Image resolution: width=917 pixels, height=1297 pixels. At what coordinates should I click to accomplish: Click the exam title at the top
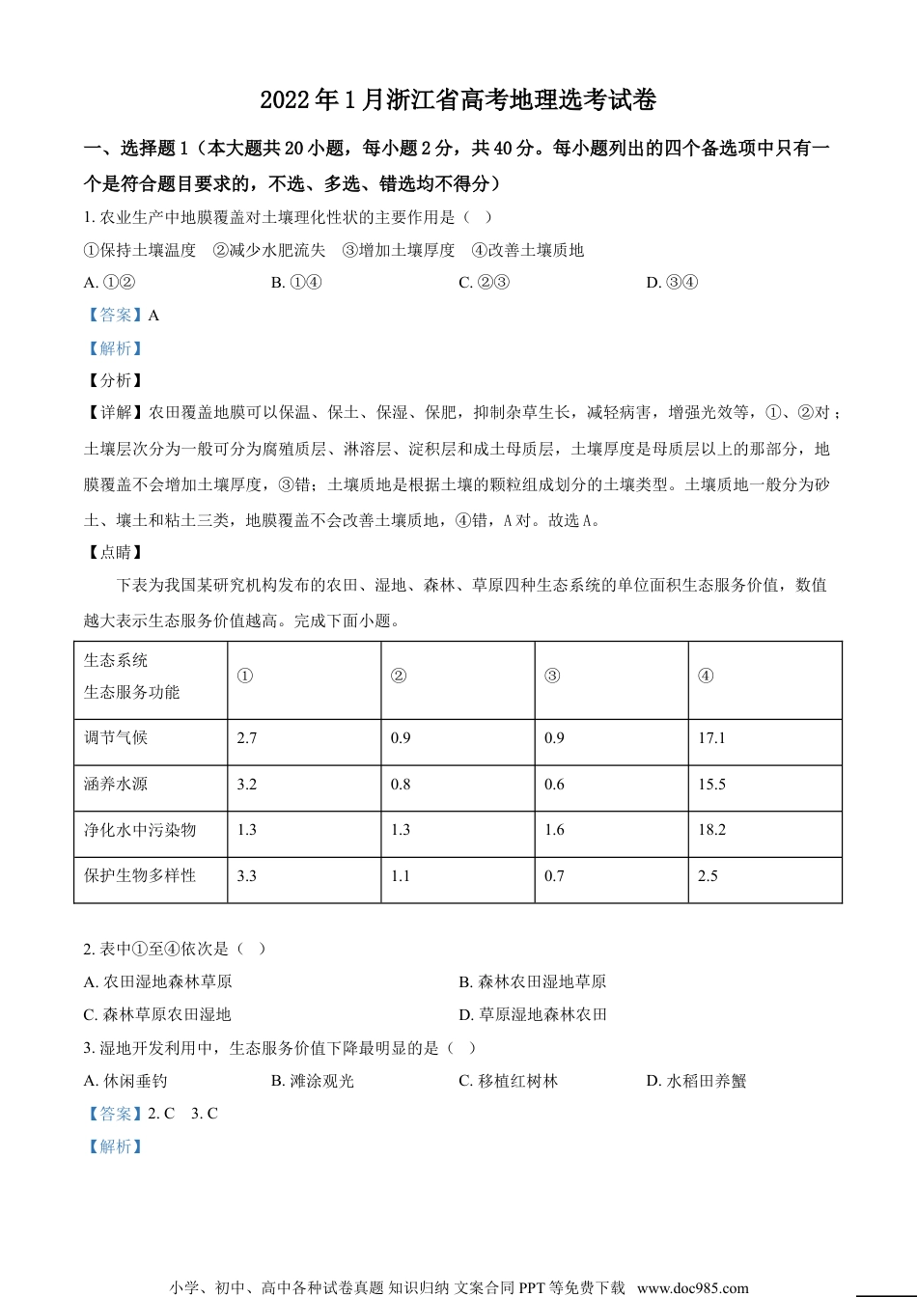pyautogui.click(x=458, y=100)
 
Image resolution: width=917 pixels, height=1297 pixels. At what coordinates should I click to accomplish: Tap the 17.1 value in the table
pyautogui.click(x=711, y=738)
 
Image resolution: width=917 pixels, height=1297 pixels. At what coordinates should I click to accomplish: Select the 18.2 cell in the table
pyautogui.click(x=711, y=830)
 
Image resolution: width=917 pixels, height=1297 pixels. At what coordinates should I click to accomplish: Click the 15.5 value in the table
pyautogui.click(x=711, y=785)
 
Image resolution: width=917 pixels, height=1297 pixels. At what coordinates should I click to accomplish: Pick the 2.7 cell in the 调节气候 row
pyautogui.click(x=247, y=738)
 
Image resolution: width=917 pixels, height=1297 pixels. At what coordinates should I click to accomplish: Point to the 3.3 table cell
pyautogui.click(x=247, y=876)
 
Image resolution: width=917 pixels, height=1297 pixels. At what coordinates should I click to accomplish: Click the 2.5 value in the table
pyautogui.click(x=708, y=876)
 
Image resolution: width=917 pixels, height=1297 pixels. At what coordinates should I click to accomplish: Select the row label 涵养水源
pyautogui.click(x=116, y=785)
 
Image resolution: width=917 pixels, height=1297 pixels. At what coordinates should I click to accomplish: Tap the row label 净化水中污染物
pyautogui.click(x=140, y=830)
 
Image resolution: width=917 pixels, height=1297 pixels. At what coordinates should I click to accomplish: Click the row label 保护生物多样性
pyautogui.click(x=140, y=876)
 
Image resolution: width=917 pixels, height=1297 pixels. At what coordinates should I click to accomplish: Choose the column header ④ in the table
pyautogui.click(x=706, y=676)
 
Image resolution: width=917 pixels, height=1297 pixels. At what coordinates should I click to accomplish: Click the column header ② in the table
pyautogui.click(x=398, y=676)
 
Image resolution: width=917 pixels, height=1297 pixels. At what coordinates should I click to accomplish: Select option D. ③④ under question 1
pyautogui.click(x=672, y=283)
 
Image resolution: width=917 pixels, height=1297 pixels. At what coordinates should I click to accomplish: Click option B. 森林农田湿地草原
pyautogui.click(x=532, y=982)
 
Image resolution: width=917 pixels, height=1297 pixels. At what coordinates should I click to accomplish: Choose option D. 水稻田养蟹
pyautogui.click(x=696, y=1082)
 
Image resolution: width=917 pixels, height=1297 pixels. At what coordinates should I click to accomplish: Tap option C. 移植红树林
pyautogui.click(x=508, y=1082)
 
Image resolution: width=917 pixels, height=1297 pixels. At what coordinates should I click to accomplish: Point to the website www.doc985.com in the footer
pyautogui.click(x=692, y=1287)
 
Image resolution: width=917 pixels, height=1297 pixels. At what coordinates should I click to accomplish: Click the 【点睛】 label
pyautogui.click(x=115, y=553)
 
